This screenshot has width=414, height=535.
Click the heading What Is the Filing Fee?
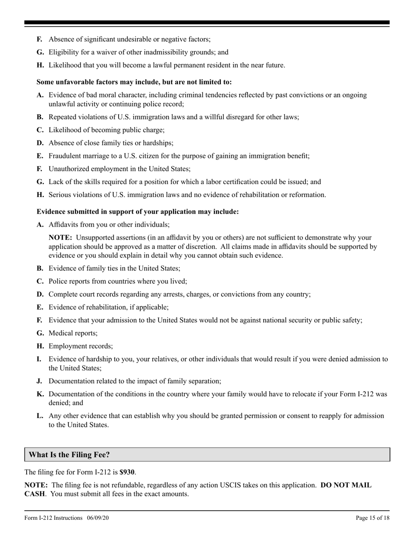pos(69,455)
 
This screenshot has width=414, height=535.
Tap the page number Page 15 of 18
pos(373,518)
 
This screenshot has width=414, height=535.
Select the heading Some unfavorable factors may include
pos(134,82)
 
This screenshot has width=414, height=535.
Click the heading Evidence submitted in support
pos(138,211)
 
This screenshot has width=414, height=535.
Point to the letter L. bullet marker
pos(40,416)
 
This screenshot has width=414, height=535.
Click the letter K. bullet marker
pos(40,394)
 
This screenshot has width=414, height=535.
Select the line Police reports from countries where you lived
pos(118,281)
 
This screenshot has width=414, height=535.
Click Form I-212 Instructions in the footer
pos(53,518)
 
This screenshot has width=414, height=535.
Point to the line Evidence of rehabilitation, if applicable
pos(109,307)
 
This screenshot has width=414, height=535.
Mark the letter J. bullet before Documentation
pos(39,381)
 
